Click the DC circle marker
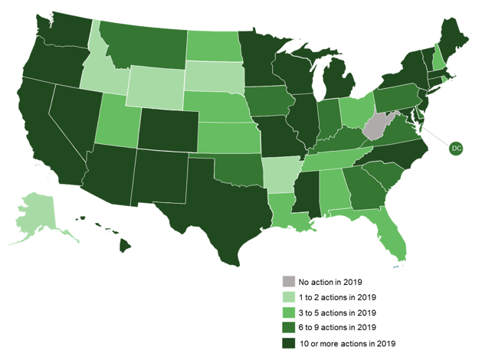(456, 147)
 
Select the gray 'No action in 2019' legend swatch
(288, 281)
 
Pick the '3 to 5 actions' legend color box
(288, 312)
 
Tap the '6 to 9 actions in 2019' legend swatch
(288, 327)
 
